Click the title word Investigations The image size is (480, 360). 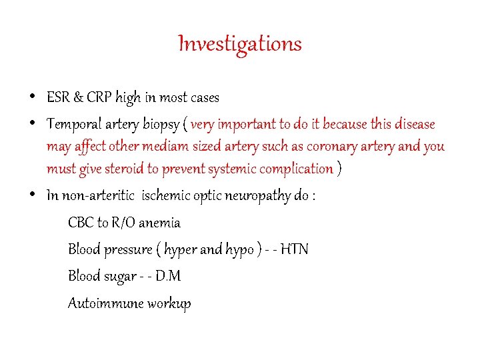240,44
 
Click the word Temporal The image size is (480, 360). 73,125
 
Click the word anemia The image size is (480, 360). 159,223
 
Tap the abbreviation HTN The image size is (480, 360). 294,249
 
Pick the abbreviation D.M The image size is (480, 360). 168,276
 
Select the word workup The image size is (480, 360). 169,304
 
